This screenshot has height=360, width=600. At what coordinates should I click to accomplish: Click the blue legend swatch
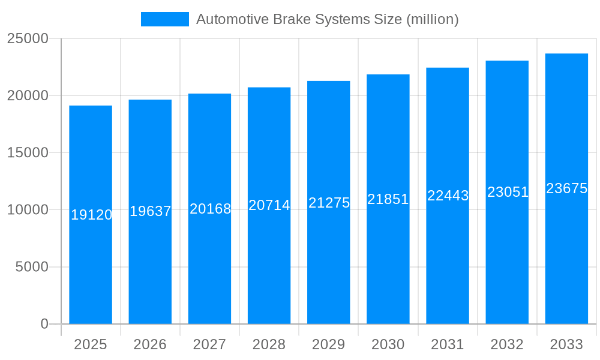[x=164, y=19]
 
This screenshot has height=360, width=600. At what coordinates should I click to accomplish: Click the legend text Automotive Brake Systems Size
[x=328, y=19]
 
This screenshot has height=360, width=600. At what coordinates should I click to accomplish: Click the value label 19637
[x=151, y=211]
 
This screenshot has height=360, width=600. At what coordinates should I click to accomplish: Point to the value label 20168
[x=210, y=209]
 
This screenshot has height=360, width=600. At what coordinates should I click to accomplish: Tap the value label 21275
[x=329, y=203]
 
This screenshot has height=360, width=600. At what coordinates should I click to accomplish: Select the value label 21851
[x=388, y=199]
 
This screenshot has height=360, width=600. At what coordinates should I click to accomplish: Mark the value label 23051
[x=508, y=192]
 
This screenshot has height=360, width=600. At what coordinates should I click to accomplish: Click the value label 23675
[x=566, y=188]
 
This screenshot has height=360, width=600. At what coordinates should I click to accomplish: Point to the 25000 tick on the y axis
[x=28, y=38]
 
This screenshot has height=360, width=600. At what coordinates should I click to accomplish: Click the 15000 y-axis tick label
[x=28, y=152]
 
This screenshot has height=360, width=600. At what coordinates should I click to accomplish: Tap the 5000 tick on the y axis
[x=32, y=267]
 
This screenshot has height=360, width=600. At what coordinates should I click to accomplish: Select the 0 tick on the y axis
[x=44, y=324]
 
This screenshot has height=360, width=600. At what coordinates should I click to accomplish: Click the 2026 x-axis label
[x=150, y=344]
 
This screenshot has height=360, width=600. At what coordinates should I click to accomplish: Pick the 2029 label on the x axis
[x=328, y=344]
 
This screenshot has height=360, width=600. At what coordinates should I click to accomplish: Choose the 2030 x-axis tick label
[x=388, y=344]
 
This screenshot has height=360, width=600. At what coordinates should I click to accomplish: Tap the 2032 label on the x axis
[x=507, y=344]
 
